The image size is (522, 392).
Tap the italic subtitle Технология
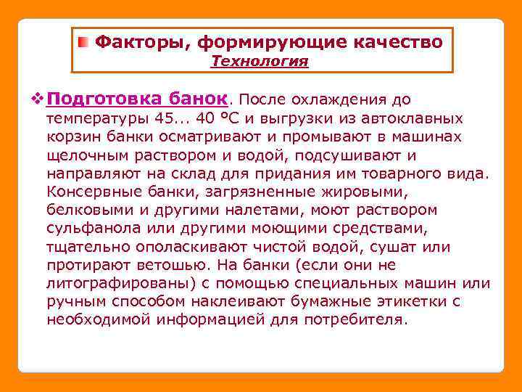(x=260, y=62)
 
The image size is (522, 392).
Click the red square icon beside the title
(x=85, y=42)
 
